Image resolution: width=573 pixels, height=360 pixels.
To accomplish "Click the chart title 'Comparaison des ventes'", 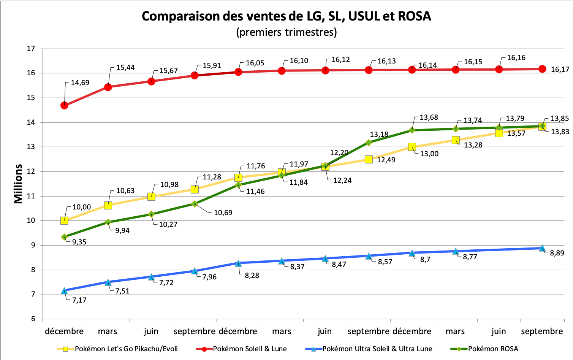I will pyautogui.click(x=286, y=16).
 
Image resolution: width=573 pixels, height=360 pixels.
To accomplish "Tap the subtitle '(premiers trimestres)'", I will pyautogui.click(x=286, y=32).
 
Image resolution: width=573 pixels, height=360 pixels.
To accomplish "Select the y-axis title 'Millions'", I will pyautogui.click(x=18, y=184).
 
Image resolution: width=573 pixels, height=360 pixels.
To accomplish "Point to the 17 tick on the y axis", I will pyautogui.click(x=31, y=49).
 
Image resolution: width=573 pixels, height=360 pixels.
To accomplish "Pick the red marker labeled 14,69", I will pyautogui.click(x=64, y=105).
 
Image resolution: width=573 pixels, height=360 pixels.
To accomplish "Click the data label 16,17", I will pyautogui.click(x=560, y=70).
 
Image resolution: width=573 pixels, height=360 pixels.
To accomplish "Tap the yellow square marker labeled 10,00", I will pyautogui.click(x=64, y=220).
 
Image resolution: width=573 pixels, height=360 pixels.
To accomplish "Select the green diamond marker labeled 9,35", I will pyautogui.click(x=64, y=237).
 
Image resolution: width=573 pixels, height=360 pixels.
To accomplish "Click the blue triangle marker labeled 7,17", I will pyautogui.click(x=64, y=291).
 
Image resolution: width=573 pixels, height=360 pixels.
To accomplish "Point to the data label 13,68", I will pyautogui.click(x=429, y=117).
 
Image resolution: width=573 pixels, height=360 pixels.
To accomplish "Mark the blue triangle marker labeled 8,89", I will pyautogui.click(x=542, y=248).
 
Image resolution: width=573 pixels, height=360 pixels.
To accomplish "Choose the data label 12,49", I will pyautogui.click(x=386, y=160).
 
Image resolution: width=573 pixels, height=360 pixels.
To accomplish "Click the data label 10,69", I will pyautogui.click(x=223, y=213).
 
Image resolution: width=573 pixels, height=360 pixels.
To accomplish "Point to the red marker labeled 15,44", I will pyautogui.click(x=108, y=87).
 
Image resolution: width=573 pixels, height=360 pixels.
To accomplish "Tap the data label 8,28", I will pyautogui.click(x=252, y=276).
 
